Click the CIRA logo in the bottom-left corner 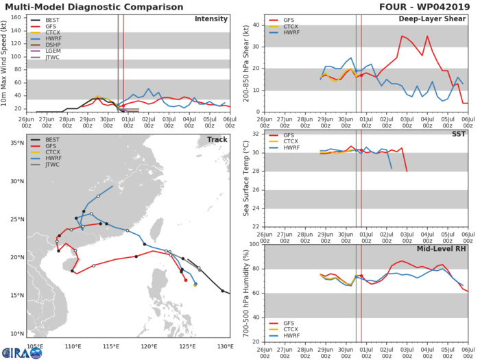pyautogui.click(x=21, y=352)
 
